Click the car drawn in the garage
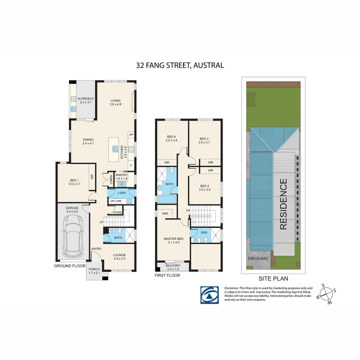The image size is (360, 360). coord(73,236)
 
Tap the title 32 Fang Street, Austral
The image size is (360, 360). coord(180,65)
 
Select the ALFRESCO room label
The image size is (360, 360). coord(86,99)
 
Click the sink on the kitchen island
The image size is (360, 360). coord(115,149)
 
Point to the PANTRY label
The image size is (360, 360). coord(121,175)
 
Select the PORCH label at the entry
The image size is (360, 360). coord(94,269)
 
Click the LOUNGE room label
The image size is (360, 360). coord(119,255)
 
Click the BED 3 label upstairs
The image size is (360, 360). coord(204,139)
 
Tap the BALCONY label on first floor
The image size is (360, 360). coord(173,265)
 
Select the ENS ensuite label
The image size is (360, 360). coord(204,232)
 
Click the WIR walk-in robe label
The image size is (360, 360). coord(165,213)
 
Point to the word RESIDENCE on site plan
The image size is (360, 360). coord(283,204)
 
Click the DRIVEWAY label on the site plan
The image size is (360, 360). coord(258,258)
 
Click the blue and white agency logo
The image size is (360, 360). coord(209,295)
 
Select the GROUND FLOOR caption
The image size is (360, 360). coord(69,266)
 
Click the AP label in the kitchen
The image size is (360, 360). coord(131,135)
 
